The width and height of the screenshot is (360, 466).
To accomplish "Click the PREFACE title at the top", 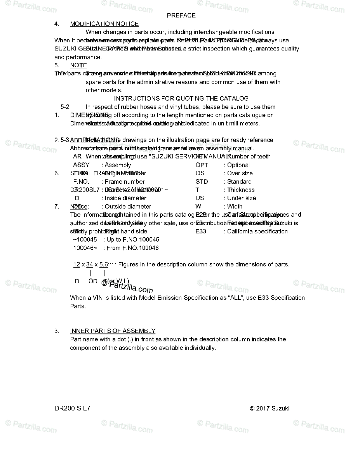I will pyautogui.click(x=181, y=16).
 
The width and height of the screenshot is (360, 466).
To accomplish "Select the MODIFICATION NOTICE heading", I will pyautogui.click(x=104, y=24).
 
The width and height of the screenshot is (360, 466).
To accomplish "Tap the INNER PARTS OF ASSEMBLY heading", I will pyautogui.click(x=113, y=331).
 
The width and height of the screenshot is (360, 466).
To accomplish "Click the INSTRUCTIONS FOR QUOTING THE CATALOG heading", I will pyautogui.click(x=181, y=99).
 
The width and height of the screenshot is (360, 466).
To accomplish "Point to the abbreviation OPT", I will pyautogui.click(x=202, y=165).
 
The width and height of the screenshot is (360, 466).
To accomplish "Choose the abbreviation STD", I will pyautogui.click(x=202, y=182).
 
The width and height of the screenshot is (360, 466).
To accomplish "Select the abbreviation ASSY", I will pyautogui.click(x=81, y=165).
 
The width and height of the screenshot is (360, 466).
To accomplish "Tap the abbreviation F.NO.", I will pyautogui.click(x=81, y=182).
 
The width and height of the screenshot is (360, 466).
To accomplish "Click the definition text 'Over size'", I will pyautogui.click(x=240, y=173).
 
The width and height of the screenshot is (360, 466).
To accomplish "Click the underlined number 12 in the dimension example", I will pyautogui.click(x=77, y=264).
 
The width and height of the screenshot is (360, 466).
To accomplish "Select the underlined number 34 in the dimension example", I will pyautogui.click(x=90, y=264).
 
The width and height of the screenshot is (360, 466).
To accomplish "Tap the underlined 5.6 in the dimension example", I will pyautogui.click(x=104, y=264).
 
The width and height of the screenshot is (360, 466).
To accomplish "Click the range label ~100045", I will pyautogui.click(x=85, y=240).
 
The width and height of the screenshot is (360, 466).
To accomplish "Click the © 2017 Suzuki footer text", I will pyautogui.click(x=270, y=408).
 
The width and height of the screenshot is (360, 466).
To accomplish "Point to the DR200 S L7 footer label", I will pyautogui.click(x=73, y=408).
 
